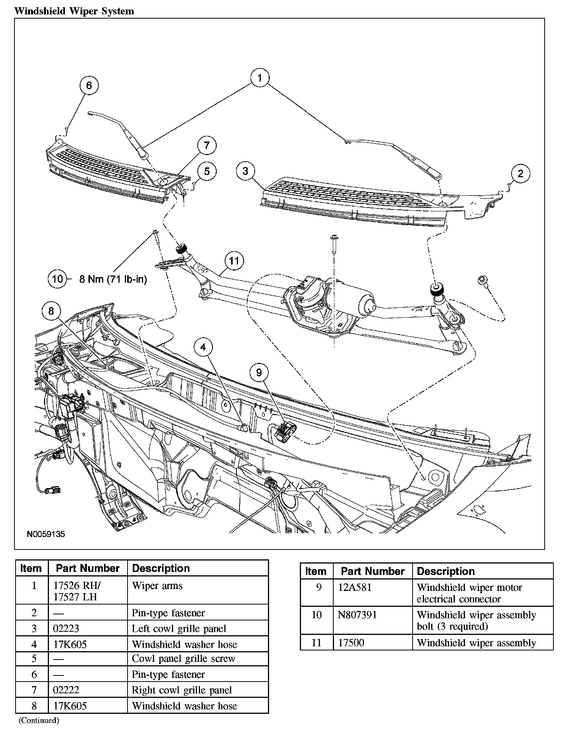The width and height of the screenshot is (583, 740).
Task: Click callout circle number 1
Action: (x=260, y=78)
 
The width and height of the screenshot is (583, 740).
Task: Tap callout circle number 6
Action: (x=89, y=85)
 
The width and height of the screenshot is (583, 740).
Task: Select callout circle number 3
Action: (x=246, y=171)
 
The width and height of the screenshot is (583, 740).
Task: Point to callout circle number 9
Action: (x=259, y=372)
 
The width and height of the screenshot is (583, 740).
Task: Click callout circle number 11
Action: (x=234, y=261)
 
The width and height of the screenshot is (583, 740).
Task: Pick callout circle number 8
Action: (x=51, y=312)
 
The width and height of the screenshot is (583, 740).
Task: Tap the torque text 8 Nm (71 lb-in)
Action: (x=113, y=279)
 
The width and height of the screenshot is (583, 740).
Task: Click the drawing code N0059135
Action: (x=46, y=534)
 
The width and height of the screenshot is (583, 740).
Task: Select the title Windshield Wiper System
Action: (x=74, y=11)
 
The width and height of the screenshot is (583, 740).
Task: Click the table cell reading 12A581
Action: (x=355, y=587)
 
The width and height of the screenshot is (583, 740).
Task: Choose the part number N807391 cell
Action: (x=357, y=615)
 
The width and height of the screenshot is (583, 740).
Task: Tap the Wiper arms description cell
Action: (x=157, y=586)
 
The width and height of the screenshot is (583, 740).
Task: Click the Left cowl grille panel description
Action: (x=179, y=628)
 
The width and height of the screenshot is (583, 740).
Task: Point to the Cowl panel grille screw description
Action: (x=183, y=658)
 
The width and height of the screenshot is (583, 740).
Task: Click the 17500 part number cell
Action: (x=351, y=642)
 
